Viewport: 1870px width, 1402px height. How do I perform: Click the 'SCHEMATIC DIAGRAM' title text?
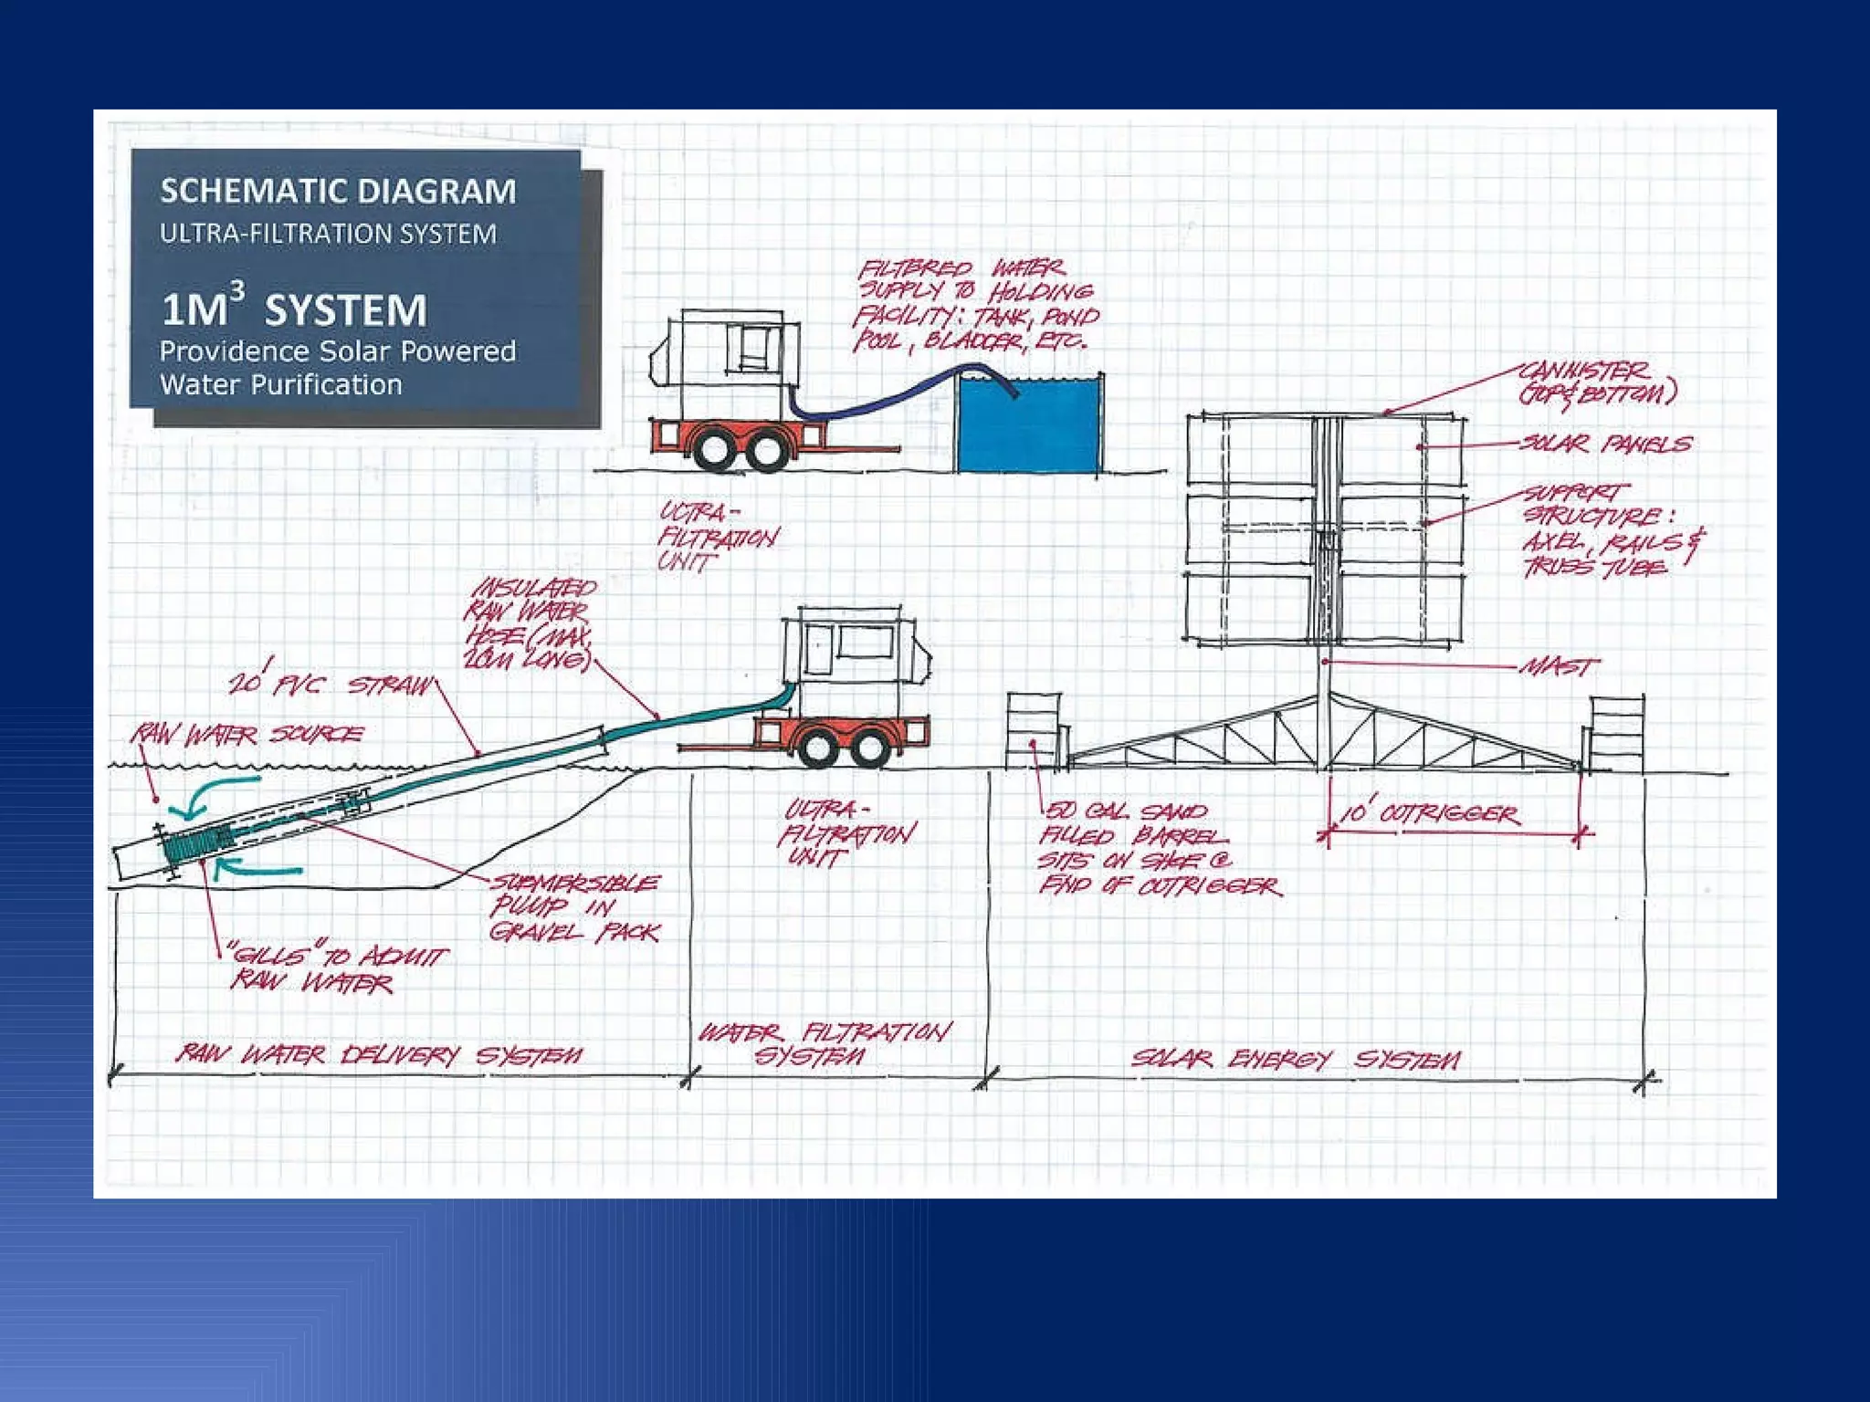(x=338, y=191)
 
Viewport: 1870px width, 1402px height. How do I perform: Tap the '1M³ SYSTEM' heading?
(x=294, y=309)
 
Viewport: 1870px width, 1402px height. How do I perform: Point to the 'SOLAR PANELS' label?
(x=1605, y=444)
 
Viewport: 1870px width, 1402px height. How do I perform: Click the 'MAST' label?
(x=1560, y=666)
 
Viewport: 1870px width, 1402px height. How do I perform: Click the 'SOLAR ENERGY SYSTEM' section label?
(x=1296, y=1059)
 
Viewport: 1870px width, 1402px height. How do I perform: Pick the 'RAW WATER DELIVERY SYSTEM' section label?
(x=378, y=1055)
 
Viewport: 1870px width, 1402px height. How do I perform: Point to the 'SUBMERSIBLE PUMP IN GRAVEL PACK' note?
(x=574, y=907)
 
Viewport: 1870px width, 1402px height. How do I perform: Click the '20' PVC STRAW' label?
(x=331, y=684)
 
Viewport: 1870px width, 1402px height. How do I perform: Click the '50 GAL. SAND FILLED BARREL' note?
(x=1158, y=849)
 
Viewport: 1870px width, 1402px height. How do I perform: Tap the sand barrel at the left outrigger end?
(x=1034, y=731)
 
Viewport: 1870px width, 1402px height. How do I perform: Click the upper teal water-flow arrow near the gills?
(x=219, y=791)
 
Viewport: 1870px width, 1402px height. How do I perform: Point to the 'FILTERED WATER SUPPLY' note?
(x=975, y=305)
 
